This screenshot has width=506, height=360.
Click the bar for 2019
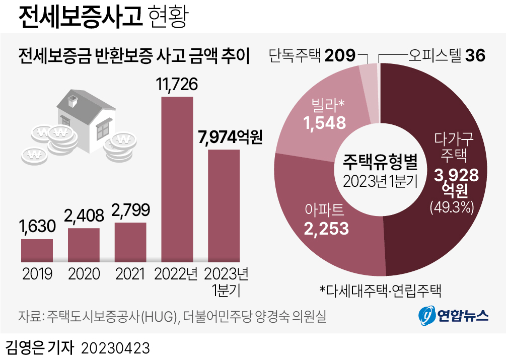(37, 250)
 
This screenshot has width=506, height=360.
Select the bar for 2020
(84, 245)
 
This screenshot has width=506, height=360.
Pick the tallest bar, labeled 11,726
(177, 179)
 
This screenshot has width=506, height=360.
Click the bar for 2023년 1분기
(224, 205)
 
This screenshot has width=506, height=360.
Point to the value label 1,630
(37, 227)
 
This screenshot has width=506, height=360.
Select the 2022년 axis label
(177, 274)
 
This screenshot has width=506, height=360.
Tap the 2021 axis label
(130, 274)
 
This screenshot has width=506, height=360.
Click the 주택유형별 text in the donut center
(380, 161)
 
